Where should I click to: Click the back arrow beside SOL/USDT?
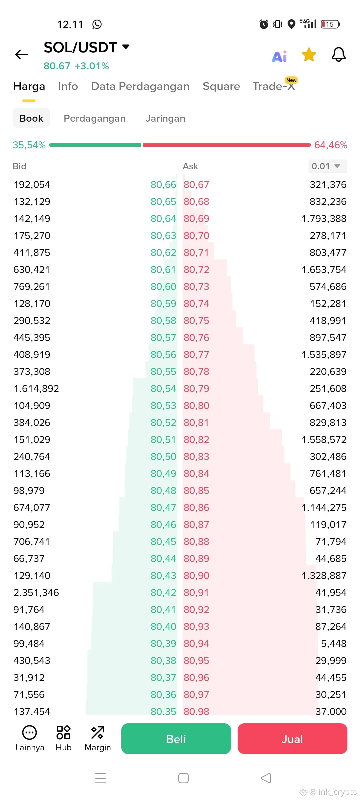tap(22, 54)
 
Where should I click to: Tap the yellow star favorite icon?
tap(309, 55)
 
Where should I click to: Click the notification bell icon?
tap(339, 55)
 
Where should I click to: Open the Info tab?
tap(68, 86)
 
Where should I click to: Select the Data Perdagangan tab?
tap(140, 86)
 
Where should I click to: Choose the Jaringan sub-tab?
tap(165, 118)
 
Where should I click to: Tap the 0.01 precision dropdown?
tap(328, 166)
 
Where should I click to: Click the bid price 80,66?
tap(163, 185)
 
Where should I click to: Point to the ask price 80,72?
tap(196, 270)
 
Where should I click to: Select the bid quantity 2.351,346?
tap(36, 593)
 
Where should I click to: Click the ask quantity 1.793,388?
tap(324, 219)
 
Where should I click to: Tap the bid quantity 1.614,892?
tap(36, 389)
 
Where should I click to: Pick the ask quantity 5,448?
tap(334, 644)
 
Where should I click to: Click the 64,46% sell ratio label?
tap(331, 145)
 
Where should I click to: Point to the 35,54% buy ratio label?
tap(29, 145)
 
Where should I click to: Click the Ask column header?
tap(190, 166)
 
